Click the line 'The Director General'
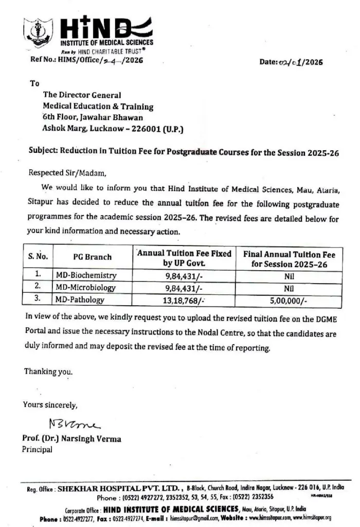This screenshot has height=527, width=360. pyautogui.click(x=82, y=95)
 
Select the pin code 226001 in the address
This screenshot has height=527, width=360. pyautogui.click(x=148, y=130)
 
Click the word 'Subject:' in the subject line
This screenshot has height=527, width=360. pyautogui.click(x=43, y=153)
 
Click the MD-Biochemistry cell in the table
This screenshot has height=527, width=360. pyautogui.click(x=86, y=275)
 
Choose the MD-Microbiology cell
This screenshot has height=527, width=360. pyautogui.click(x=85, y=287)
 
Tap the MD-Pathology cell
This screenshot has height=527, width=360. pyautogui.click(x=80, y=300)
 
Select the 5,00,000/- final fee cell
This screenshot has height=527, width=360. pyautogui.click(x=289, y=300)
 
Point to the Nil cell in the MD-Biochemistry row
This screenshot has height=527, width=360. pyautogui.click(x=289, y=275)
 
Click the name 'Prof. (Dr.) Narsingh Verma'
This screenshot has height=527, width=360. pyautogui.click(x=71, y=439)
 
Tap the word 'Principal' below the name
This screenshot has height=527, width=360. pyautogui.click(x=37, y=449)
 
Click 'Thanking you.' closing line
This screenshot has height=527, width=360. pyautogui.click(x=48, y=371)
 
